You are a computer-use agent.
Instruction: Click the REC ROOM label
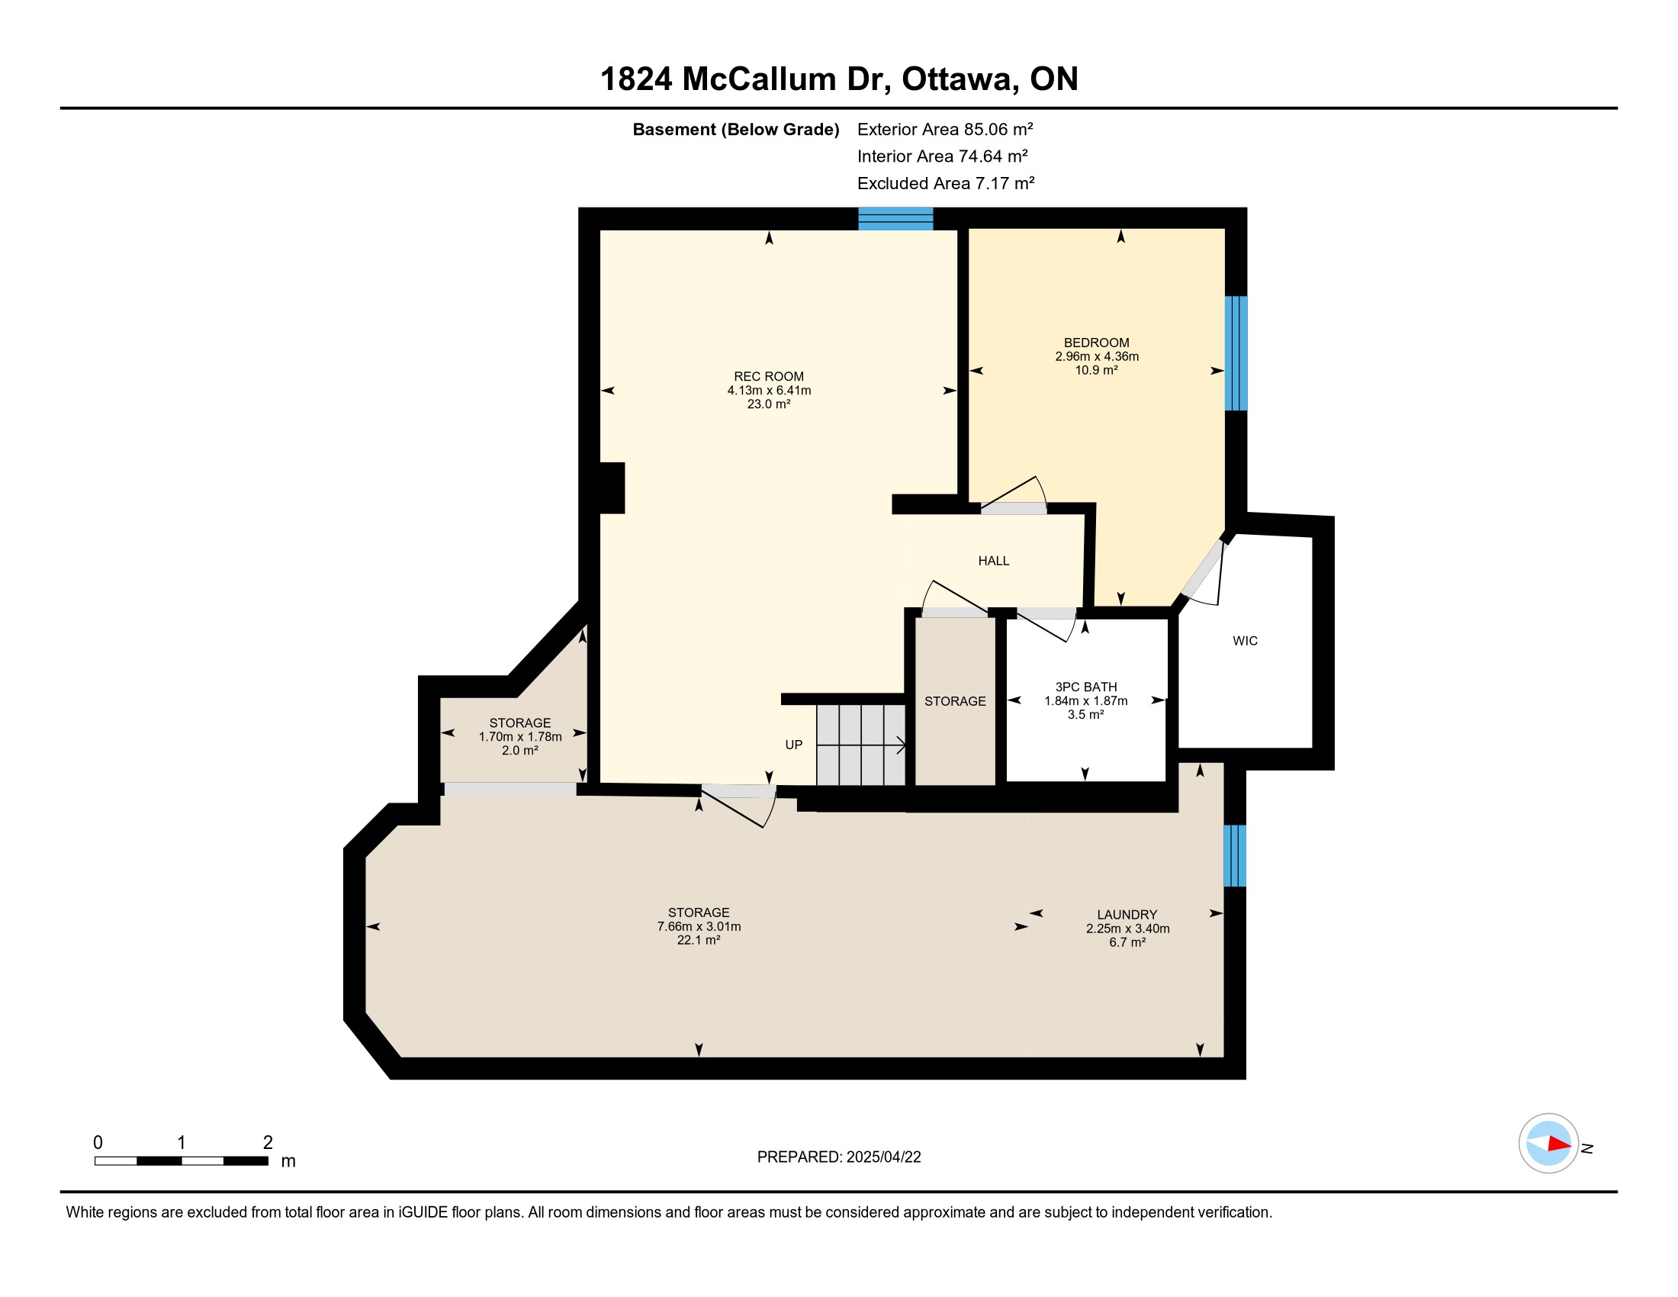click(x=768, y=376)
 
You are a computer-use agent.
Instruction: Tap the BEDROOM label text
click(x=1096, y=343)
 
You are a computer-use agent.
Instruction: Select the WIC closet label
click(x=1245, y=641)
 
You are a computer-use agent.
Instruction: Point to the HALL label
click(x=993, y=561)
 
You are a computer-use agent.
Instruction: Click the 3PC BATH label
click(x=1085, y=687)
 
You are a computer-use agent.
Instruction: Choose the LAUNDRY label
click(x=1127, y=914)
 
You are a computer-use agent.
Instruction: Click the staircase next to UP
click(x=860, y=745)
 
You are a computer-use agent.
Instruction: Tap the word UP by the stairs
click(x=794, y=745)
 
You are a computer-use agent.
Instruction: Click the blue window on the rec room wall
click(x=895, y=219)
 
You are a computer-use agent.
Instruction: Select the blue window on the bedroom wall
click(x=1236, y=353)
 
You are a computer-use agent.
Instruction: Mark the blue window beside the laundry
click(x=1235, y=855)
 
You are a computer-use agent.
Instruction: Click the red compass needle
click(x=1560, y=1144)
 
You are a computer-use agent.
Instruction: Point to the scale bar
click(x=182, y=1161)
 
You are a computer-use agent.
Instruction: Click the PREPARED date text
click(x=839, y=1157)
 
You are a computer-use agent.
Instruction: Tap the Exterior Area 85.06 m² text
click(x=945, y=129)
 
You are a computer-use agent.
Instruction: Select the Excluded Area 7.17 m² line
click(x=946, y=183)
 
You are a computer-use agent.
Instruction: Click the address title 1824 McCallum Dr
click(x=744, y=79)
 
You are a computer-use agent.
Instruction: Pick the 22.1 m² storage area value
click(x=699, y=940)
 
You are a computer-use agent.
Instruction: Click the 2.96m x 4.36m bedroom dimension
click(x=1096, y=356)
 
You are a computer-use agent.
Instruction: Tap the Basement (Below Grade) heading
click(x=735, y=129)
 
